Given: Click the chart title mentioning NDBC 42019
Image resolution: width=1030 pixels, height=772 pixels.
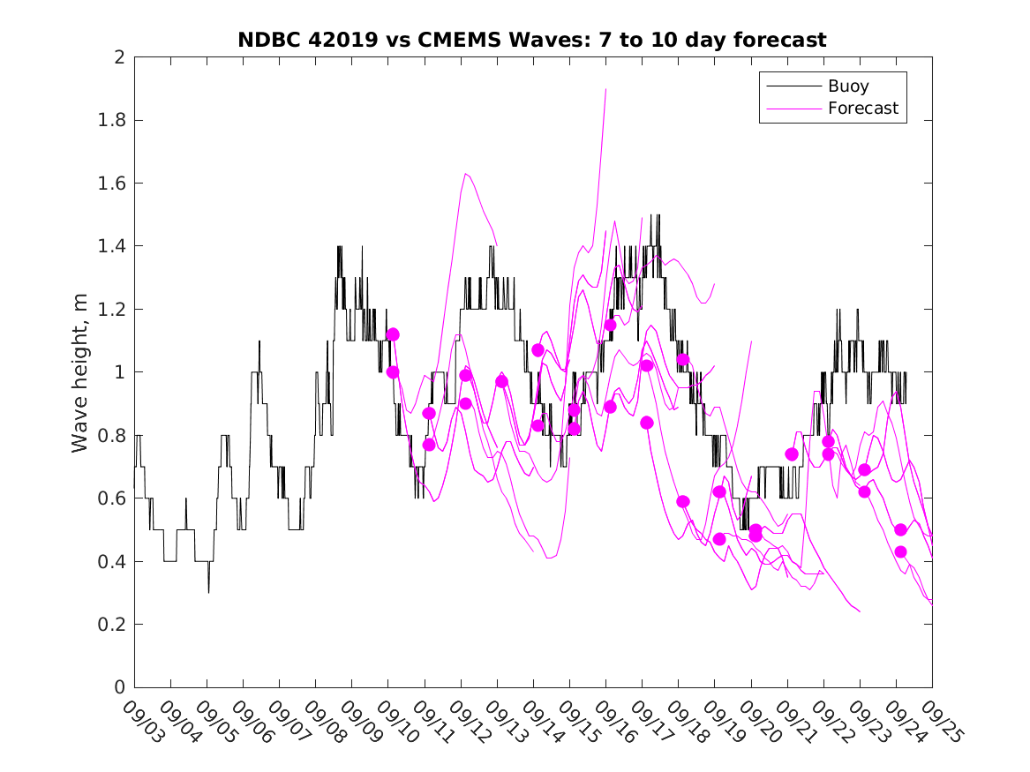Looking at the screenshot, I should tap(532, 40).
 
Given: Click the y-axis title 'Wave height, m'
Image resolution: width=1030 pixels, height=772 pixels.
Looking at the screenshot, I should tap(80, 372).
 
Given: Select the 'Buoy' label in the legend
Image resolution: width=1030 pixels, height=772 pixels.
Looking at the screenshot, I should tap(847, 86).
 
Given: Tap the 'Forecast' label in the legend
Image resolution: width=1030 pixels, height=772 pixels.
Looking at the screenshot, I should tap(862, 109).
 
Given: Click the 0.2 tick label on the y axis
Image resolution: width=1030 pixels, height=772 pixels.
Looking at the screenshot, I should tap(113, 625).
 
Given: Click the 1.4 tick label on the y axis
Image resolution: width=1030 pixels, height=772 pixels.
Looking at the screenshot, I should tap(113, 246).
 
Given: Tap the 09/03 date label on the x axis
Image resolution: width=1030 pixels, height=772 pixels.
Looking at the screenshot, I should tap(142, 721).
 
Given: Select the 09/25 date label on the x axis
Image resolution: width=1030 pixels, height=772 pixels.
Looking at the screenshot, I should tap(940, 721).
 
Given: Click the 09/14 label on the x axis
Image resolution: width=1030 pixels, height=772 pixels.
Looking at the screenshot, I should tap(541, 721).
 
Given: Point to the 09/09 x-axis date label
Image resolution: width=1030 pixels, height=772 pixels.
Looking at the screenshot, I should tap(359, 721).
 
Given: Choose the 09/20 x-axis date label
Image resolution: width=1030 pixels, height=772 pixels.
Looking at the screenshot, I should tap(759, 721).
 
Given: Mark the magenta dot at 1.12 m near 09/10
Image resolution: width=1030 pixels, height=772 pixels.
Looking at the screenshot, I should tap(393, 334).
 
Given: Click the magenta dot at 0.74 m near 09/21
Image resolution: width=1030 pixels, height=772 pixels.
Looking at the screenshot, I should tap(792, 454).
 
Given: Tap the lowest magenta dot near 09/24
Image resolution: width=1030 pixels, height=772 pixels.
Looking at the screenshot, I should tap(900, 551).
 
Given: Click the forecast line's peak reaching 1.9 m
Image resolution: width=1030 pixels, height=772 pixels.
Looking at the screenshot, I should tap(606, 89).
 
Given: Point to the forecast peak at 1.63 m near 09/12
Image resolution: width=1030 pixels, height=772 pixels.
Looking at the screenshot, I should tap(465, 174).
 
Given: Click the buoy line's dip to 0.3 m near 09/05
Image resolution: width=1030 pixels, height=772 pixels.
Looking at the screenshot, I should tap(208, 592).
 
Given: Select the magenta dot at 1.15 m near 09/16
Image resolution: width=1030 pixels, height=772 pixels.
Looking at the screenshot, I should tap(610, 325).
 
